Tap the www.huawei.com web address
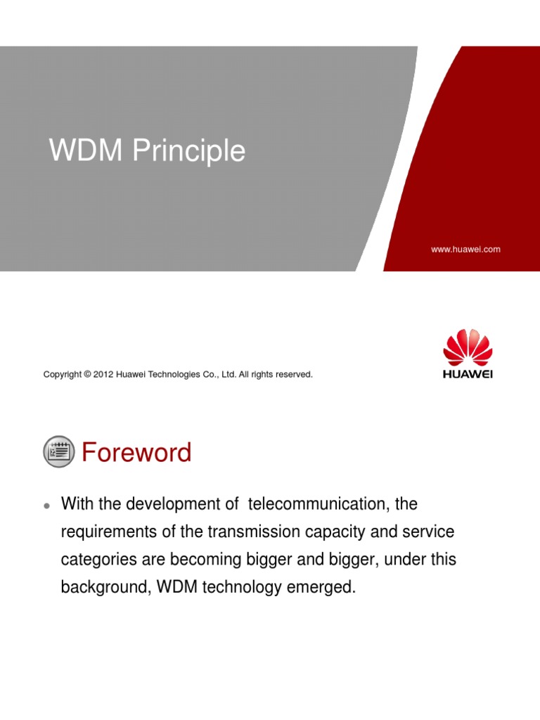click(x=465, y=249)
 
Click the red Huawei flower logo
click(x=468, y=348)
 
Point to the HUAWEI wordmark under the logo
click(x=468, y=374)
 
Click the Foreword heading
click(x=136, y=452)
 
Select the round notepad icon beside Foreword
click(x=58, y=451)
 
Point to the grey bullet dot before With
click(x=46, y=506)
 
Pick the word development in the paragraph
click(x=164, y=504)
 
